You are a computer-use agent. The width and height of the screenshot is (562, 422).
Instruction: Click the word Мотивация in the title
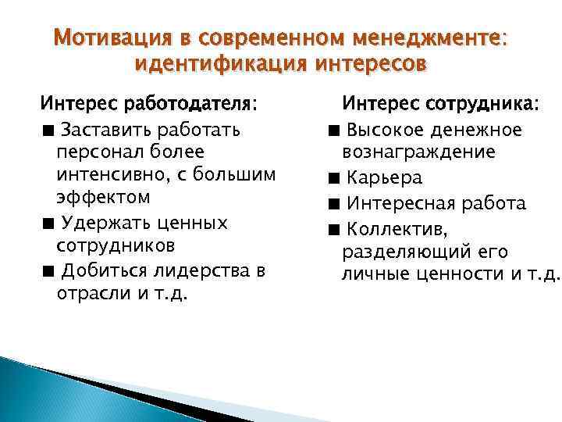[x=106, y=38]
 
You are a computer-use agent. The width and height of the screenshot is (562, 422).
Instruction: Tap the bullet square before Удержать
[x=48, y=224]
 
